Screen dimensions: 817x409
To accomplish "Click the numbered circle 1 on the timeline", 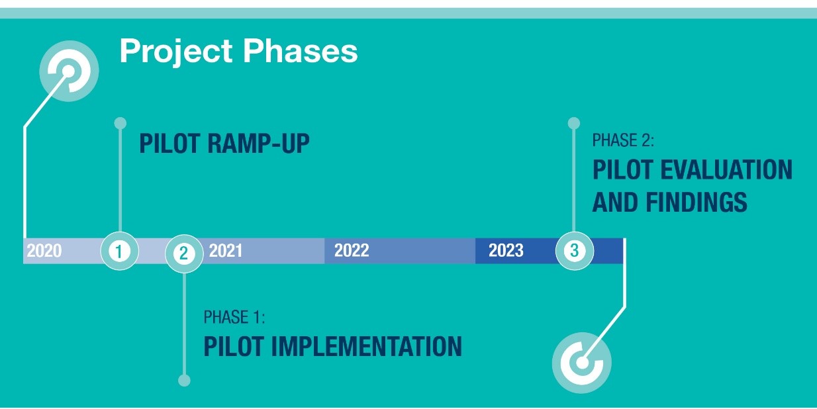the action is [x=120, y=251].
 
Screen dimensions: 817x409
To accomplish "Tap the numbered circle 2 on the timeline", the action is [x=184, y=253].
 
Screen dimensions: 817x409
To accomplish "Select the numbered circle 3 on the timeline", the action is [x=575, y=251].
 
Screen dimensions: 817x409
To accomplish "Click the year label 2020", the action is [x=44, y=251].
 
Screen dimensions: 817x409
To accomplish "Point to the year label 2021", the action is [x=225, y=251].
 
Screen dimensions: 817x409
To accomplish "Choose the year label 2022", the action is [x=352, y=251].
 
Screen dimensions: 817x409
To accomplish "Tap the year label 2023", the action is [x=506, y=251].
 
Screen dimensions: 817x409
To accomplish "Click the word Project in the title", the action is [x=176, y=52].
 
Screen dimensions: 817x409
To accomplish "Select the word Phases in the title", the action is [x=301, y=50].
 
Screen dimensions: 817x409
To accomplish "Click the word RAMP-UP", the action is [x=258, y=143].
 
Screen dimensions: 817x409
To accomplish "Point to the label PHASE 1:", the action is [x=234, y=317].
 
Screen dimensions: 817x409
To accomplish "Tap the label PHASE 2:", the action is [x=623, y=140].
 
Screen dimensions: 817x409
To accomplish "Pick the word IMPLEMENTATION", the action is [x=366, y=346].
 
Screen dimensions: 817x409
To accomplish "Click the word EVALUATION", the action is [x=726, y=169].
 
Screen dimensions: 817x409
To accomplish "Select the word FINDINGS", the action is [x=697, y=202].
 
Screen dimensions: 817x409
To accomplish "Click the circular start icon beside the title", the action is [x=69, y=71].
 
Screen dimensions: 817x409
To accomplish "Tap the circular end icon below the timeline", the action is [x=582, y=363].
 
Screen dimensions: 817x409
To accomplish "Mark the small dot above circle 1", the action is [x=120, y=123].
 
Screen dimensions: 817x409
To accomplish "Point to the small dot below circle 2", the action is [x=184, y=380].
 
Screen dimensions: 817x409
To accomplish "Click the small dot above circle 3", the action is [x=574, y=123].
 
